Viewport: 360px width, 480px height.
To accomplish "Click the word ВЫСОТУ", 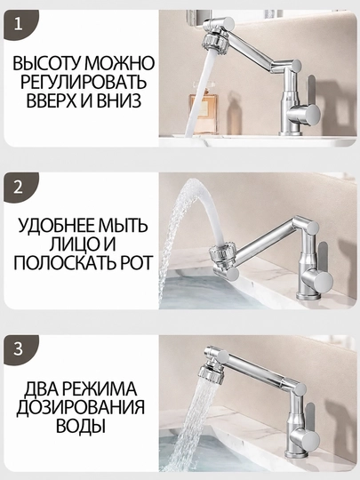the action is coord(47,63).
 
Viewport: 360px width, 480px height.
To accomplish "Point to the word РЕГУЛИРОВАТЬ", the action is coord(84,82).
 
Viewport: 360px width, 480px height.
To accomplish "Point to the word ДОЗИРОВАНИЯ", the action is coord(80,407).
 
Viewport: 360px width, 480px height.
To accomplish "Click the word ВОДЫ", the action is coord(81,426).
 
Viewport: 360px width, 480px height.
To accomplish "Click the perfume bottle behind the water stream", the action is coord(204,112).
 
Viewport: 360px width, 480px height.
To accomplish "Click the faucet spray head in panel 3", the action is coord(210,372).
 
